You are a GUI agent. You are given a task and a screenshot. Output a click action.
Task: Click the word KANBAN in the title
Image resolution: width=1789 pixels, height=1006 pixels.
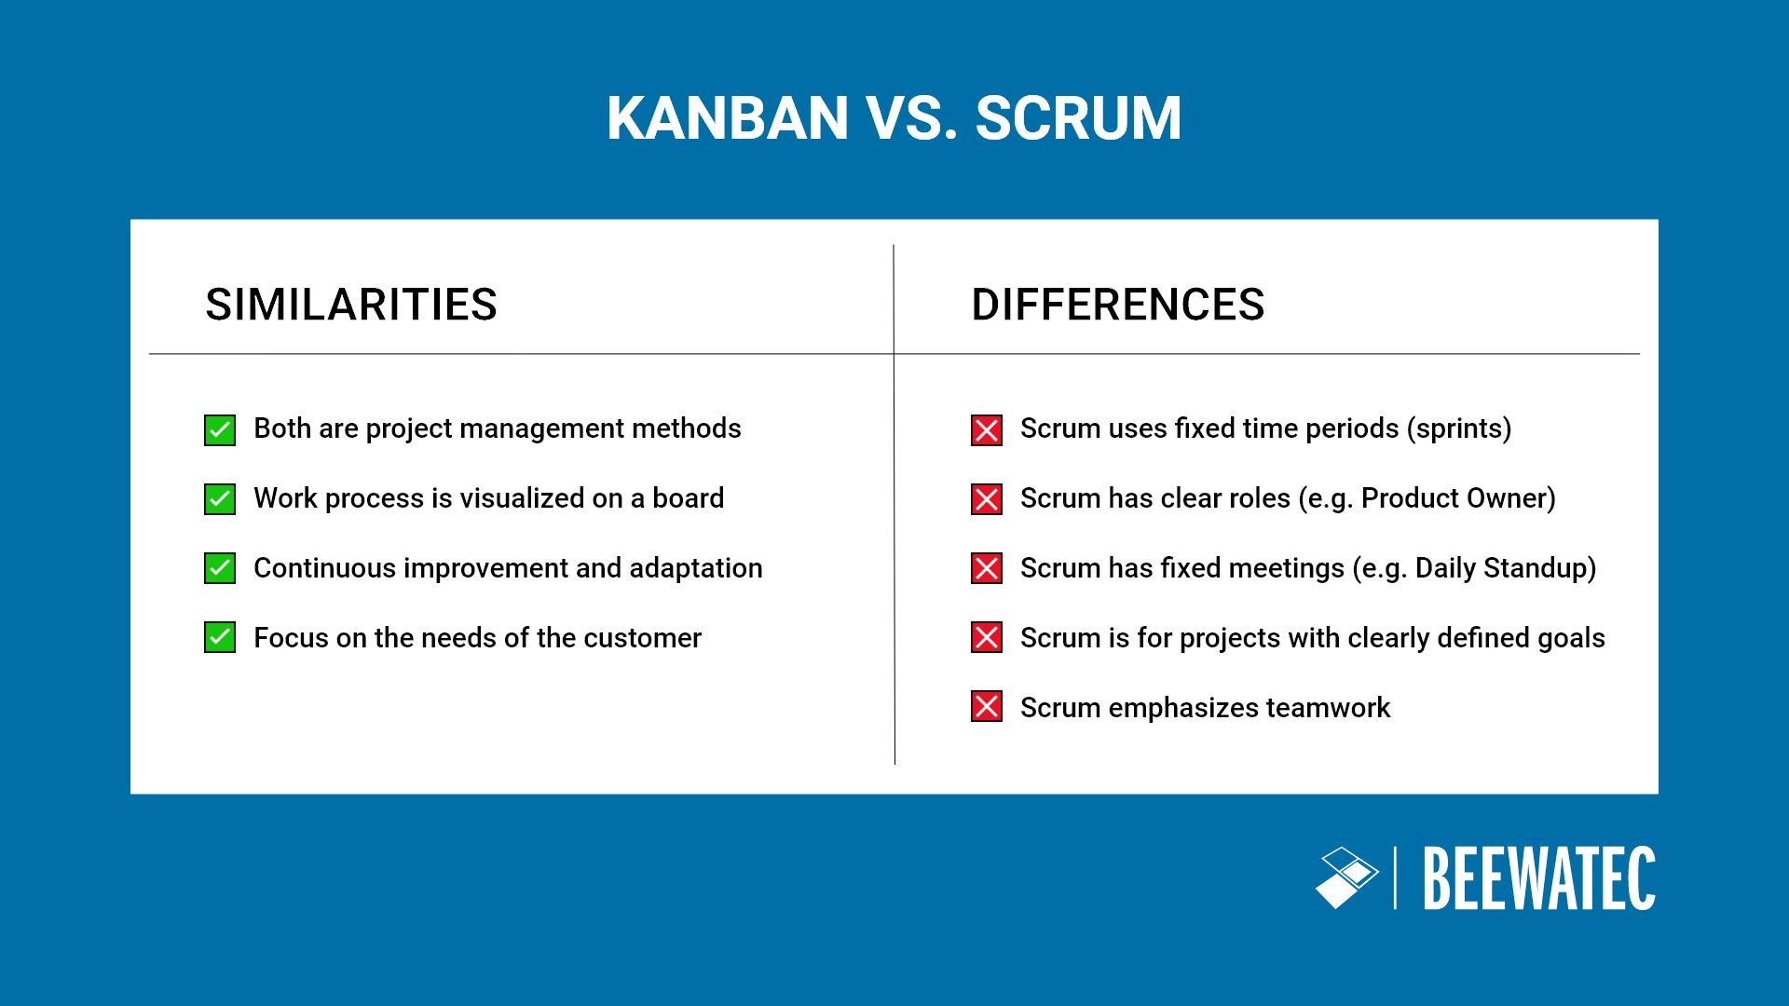pos(727,118)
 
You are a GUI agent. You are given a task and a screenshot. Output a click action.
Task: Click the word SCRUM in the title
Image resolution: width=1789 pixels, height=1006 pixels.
pos(1078,118)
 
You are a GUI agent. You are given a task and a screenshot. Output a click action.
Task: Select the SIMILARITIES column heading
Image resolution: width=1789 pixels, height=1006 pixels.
pos(351,305)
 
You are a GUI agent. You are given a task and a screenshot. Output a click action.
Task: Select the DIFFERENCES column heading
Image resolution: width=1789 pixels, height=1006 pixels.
pos(1117,305)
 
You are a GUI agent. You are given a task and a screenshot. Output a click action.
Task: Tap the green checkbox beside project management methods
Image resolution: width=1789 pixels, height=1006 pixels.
pos(220,430)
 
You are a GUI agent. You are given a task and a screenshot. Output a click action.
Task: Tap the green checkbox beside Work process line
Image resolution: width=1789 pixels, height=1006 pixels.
pos(220,499)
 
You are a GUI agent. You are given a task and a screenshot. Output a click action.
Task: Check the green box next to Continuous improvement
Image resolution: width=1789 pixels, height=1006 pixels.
pos(220,568)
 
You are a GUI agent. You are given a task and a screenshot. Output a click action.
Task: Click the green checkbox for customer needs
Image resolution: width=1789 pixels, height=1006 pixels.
pos(220,638)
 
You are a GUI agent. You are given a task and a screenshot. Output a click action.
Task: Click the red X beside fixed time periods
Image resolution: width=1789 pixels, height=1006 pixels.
pos(987,430)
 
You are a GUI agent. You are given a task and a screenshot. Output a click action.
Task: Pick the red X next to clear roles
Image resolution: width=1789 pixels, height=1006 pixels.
pos(987,499)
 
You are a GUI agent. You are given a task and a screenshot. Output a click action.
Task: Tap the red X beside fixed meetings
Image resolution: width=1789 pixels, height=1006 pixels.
pos(987,568)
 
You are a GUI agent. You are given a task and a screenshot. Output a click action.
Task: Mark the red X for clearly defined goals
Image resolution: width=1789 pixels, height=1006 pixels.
pos(987,638)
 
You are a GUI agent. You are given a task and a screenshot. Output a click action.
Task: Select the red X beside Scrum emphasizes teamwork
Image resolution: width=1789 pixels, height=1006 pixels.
pos(987,707)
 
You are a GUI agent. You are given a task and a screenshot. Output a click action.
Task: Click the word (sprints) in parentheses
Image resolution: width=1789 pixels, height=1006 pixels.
pos(1459,428)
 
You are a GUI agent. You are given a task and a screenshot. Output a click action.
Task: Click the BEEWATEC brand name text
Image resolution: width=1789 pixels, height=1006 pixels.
pos(1538,878)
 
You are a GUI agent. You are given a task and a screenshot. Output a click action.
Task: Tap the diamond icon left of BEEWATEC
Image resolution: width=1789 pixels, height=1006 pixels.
pos(1346,877)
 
